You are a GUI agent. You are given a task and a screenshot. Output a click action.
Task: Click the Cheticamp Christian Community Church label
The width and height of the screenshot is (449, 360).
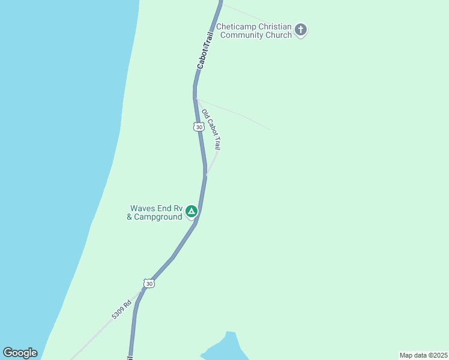pyautogui.click(x=254, y=31)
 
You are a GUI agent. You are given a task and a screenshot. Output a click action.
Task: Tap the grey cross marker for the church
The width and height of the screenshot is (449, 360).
pyautogui.click(x=301, y=29)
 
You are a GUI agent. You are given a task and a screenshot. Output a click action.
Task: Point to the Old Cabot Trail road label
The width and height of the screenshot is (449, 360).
pyautogui.click(x=211, y=130)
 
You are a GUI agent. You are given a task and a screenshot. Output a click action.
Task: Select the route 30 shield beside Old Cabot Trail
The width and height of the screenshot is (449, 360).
pyautogui.click(x=198, y=127)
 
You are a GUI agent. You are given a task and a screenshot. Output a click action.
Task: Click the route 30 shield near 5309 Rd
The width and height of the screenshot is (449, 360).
pyautogui.click(x=149, y=283)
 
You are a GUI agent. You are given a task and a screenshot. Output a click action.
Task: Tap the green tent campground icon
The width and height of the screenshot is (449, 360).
pyautogui.click(x=191, y=211)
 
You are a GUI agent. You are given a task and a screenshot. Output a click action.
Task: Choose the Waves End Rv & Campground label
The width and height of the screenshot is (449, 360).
pyautogui.click(x=154, y=213)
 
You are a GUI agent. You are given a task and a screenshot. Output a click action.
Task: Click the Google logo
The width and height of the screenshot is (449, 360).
pyautogui.click(x=20, y=353)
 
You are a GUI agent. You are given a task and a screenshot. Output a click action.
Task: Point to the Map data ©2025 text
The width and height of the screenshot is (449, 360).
pyautogui.click(x=423, y=355)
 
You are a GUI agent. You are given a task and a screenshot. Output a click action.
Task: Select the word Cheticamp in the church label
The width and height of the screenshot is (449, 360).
pyautogui.click(x=236, y=27)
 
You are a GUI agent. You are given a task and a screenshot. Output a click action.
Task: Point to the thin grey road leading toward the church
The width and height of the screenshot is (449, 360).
pyautogui.click(x=246, y=14)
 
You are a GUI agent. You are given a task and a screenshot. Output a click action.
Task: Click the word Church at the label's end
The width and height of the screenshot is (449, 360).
pyautogui.click(x=280, y=35)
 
